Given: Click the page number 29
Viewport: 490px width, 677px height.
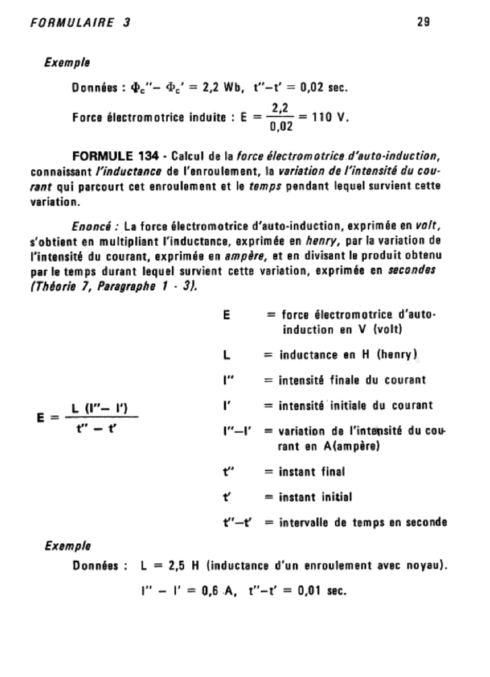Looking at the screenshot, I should pyautogui.click(x=424, y=22).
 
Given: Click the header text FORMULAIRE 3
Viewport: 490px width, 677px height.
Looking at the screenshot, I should pyautogui.click(x=80, y=22).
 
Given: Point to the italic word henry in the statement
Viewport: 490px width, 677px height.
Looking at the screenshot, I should pyautogui.click(x=320, y=241).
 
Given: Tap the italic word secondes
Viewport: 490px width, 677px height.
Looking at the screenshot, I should pyautogui.click(x=417, y=270).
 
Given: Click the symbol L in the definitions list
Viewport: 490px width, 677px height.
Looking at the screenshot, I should pyautogui.click(x=227, y=356).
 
